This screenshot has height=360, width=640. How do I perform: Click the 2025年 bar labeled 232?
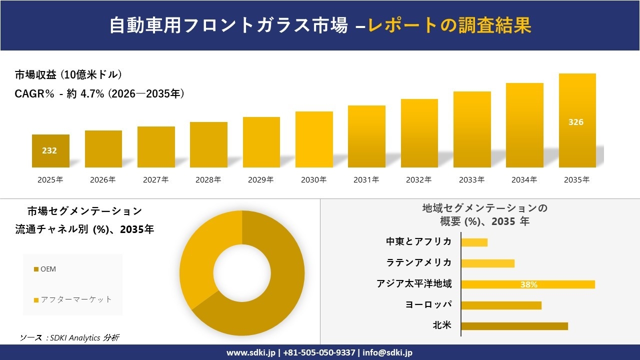50,150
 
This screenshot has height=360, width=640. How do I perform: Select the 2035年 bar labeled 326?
577,120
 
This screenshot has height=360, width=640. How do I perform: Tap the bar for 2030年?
314,139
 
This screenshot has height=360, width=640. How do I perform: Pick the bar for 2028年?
208,144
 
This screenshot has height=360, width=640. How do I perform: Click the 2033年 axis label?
471,180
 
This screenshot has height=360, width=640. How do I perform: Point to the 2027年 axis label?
155,180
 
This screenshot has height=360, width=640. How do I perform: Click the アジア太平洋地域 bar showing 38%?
527,284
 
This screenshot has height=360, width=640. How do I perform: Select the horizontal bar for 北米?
514,326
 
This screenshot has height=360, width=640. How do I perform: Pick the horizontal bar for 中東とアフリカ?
474,242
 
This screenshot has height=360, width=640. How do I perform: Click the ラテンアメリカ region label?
418,262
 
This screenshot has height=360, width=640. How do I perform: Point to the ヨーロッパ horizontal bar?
501,305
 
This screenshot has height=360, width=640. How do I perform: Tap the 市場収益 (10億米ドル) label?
68,75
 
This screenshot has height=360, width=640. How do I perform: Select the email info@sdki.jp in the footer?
387,352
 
